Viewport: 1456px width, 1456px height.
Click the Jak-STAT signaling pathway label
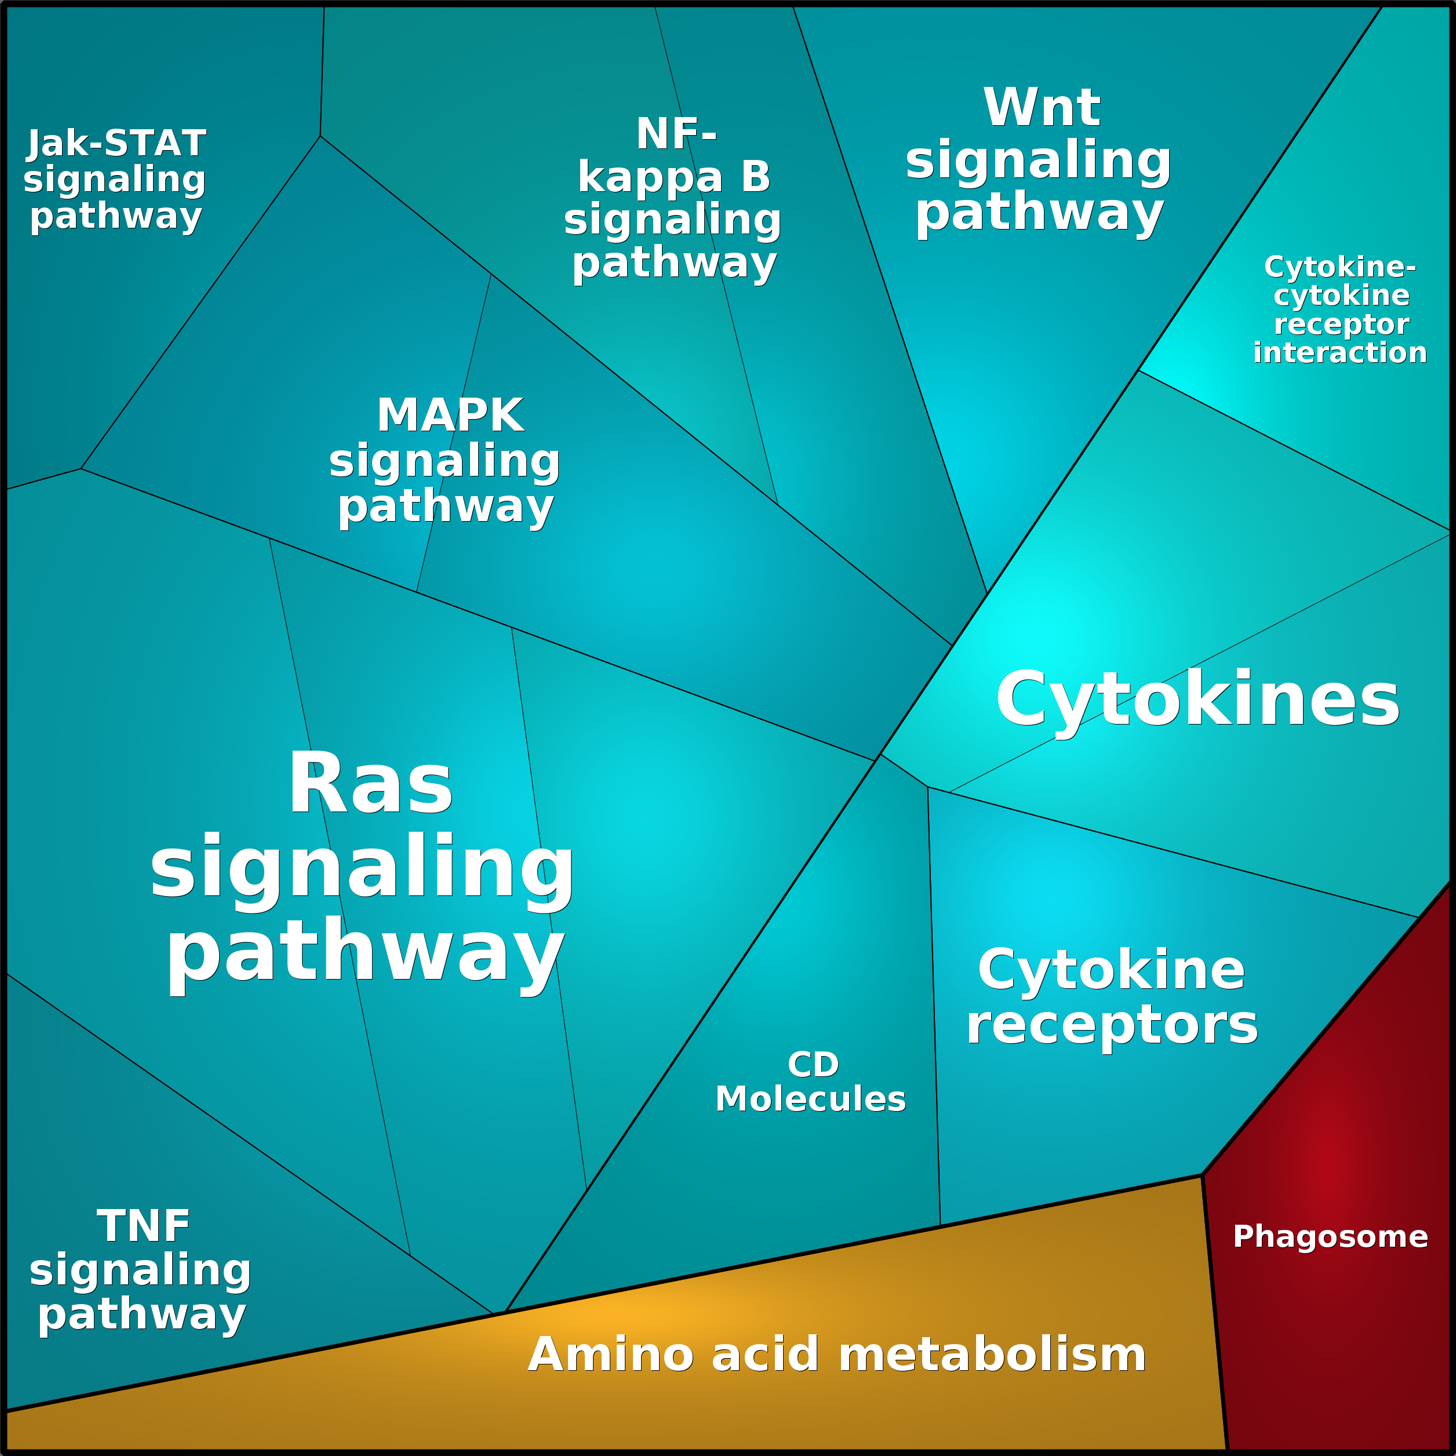point(115,180)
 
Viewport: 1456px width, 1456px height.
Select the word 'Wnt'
point(1042,107)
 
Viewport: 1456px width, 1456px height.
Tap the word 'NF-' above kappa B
point(676,133)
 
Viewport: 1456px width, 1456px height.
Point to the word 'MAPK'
point(450,415)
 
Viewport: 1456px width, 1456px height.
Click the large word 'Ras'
point(371,784)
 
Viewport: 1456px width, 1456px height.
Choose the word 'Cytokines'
point(1197,700)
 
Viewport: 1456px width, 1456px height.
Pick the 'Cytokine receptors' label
point(1112,997)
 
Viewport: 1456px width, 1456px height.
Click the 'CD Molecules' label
point(811,1082)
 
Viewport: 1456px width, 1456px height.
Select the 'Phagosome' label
point(1330,1237)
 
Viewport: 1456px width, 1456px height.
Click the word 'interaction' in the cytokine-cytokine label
point(1340,352)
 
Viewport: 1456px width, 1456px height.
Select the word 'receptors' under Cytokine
point(1112,1026)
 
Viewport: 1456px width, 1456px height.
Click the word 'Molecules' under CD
point(811,1100)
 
